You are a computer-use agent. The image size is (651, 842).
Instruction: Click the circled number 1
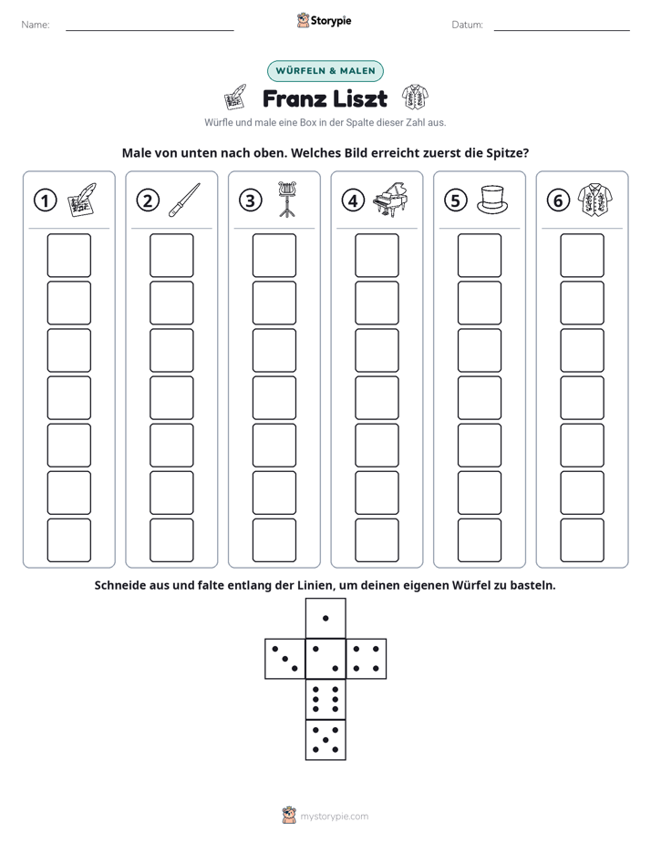pyautogui.click(x=45, y=200)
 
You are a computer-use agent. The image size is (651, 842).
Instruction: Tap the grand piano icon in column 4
pyautogui.click(x=390, y=200)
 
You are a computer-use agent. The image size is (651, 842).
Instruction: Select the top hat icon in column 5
pyautogui.click(x=492, y=200)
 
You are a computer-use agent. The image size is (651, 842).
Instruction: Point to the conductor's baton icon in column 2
pyautogui.click(x=184, y=200)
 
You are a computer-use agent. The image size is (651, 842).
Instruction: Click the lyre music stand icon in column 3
pyautogui.click(x=287, y=200)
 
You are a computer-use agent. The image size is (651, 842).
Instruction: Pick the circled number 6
pyautogui.click(x=558, y=200)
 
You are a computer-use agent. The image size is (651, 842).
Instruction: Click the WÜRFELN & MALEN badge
pyautogui.click(x=325, y=71)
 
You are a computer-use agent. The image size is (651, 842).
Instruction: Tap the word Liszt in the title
pyautogui.click(x=359, y=98)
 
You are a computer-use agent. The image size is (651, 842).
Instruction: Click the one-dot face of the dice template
pyautogui.click(x=325, y=618)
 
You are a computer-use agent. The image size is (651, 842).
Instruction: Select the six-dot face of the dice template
pyautogui.click(x=325, y=699)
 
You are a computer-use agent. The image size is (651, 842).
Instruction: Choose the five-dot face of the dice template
pyautogui.click(x=325, y=739)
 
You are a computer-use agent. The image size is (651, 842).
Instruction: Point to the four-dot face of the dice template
pyautogui.click(x=367, y=658)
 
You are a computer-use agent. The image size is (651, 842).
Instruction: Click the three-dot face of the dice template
pyautogui.click(x=285, y=658)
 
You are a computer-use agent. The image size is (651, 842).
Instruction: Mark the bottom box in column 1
pyautogui.click(x=68, y=540)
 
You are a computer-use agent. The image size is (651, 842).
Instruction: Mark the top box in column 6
pyautogui.click(x=583, y=255)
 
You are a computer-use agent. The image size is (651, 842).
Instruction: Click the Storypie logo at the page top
pyautogui.click(x=324, y=20)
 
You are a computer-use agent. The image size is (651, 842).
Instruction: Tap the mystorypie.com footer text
pyautogui.click(x=334, y=816)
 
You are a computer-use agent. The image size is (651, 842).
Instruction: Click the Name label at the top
pyautogui.click(x=36, y=25)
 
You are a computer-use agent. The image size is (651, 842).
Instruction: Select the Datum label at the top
pyautogui.click(x=468, y=25)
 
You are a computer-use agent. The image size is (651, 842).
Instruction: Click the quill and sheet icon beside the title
pyautogui.click(x=235, y=98)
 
